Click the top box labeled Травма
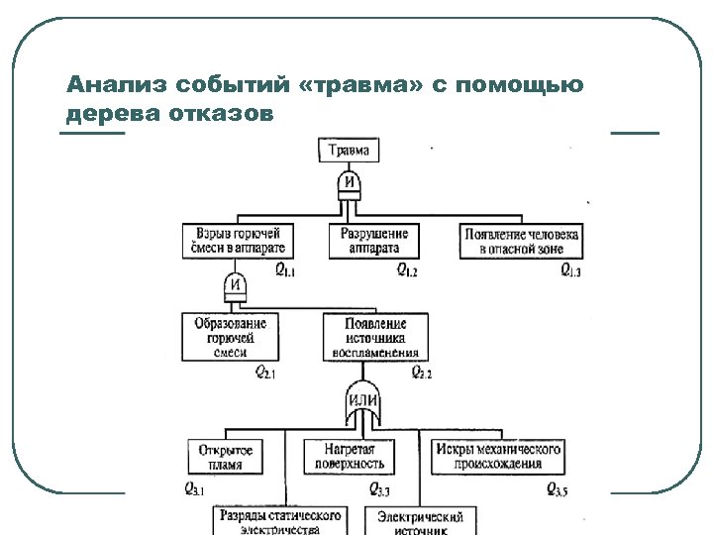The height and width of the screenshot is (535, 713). (349, 151)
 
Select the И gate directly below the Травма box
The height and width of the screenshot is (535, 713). (349, 182)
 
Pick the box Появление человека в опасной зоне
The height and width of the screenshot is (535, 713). (521, 241)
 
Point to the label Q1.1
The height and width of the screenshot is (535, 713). (285, 269)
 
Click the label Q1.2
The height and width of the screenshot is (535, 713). (407, 269)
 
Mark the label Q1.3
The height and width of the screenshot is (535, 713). (570, 269)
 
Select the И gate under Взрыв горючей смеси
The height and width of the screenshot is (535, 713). (236, 286)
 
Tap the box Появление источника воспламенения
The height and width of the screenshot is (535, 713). (375, 337)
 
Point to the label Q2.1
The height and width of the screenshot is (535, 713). (265, 373)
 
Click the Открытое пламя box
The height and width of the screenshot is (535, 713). (226, 457)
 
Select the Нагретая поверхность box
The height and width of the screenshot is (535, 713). (350, 457)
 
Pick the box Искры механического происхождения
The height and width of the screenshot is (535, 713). (498, 457)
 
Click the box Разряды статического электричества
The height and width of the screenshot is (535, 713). (279, 521)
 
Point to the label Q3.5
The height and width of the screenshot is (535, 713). (559, 489)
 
